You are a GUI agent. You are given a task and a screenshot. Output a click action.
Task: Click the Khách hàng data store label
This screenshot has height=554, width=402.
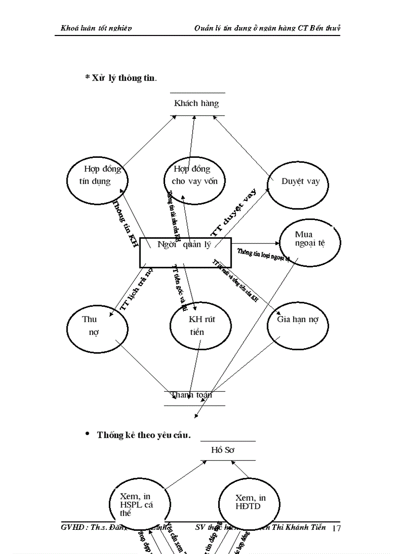[x=197, y=104]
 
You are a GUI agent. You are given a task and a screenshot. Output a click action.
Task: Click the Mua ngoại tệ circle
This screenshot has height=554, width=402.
[x=310, y=241]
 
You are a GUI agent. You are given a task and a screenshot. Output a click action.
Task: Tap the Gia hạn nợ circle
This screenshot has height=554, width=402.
[x=298, y=325]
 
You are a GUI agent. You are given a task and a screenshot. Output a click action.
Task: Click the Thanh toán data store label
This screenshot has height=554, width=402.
[x=192, y=395]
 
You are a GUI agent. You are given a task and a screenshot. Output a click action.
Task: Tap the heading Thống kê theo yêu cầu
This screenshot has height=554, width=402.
[x=143, y=435]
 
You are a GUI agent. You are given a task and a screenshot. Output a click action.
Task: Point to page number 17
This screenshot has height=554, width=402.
[x=336, y=529]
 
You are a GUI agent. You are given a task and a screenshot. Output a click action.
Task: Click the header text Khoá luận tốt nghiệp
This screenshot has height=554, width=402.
[x=96, y=28]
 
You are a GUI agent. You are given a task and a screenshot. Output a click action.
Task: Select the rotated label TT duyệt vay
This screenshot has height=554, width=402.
[x=234, y=213]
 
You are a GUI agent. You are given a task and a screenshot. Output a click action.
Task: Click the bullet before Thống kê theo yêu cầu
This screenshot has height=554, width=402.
[x=88, y=434]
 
